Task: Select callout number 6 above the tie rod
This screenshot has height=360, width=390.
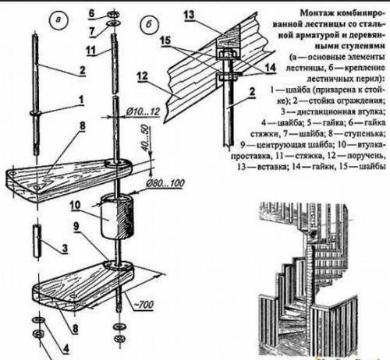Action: pyautogui.click(x=91, y=13)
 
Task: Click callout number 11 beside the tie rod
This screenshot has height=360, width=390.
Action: pyautogui.click(x=91, y=51)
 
